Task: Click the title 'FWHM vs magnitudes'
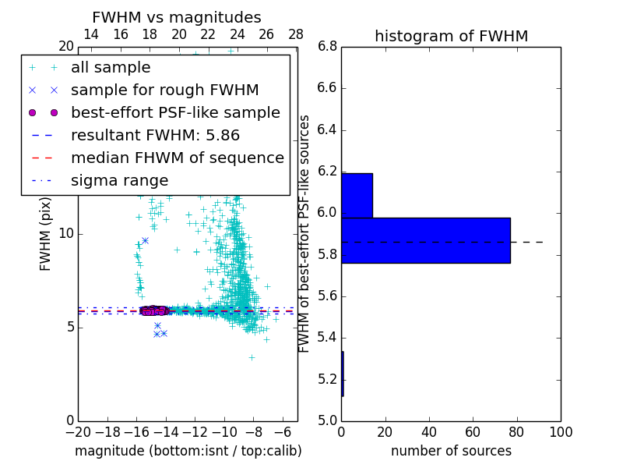point(176,17)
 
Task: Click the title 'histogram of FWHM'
point(451,36)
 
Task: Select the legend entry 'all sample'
point(111,68)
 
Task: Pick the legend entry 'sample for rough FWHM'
point(164,90)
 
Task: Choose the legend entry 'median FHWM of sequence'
point(177,158)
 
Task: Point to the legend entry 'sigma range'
point(119,180)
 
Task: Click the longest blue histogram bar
point(425,240)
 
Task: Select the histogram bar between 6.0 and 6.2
point(357,195)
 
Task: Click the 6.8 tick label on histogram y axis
point(326,47)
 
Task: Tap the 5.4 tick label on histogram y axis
point(326,338)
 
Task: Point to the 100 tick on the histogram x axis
point(560,431)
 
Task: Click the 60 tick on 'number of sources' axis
point(473,431)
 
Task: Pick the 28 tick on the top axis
point(296,34)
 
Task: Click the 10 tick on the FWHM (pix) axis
point(67,233)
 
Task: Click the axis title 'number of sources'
point(451,451)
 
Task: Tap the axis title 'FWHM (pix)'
point(46,234)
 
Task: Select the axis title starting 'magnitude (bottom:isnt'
point(188,451)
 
